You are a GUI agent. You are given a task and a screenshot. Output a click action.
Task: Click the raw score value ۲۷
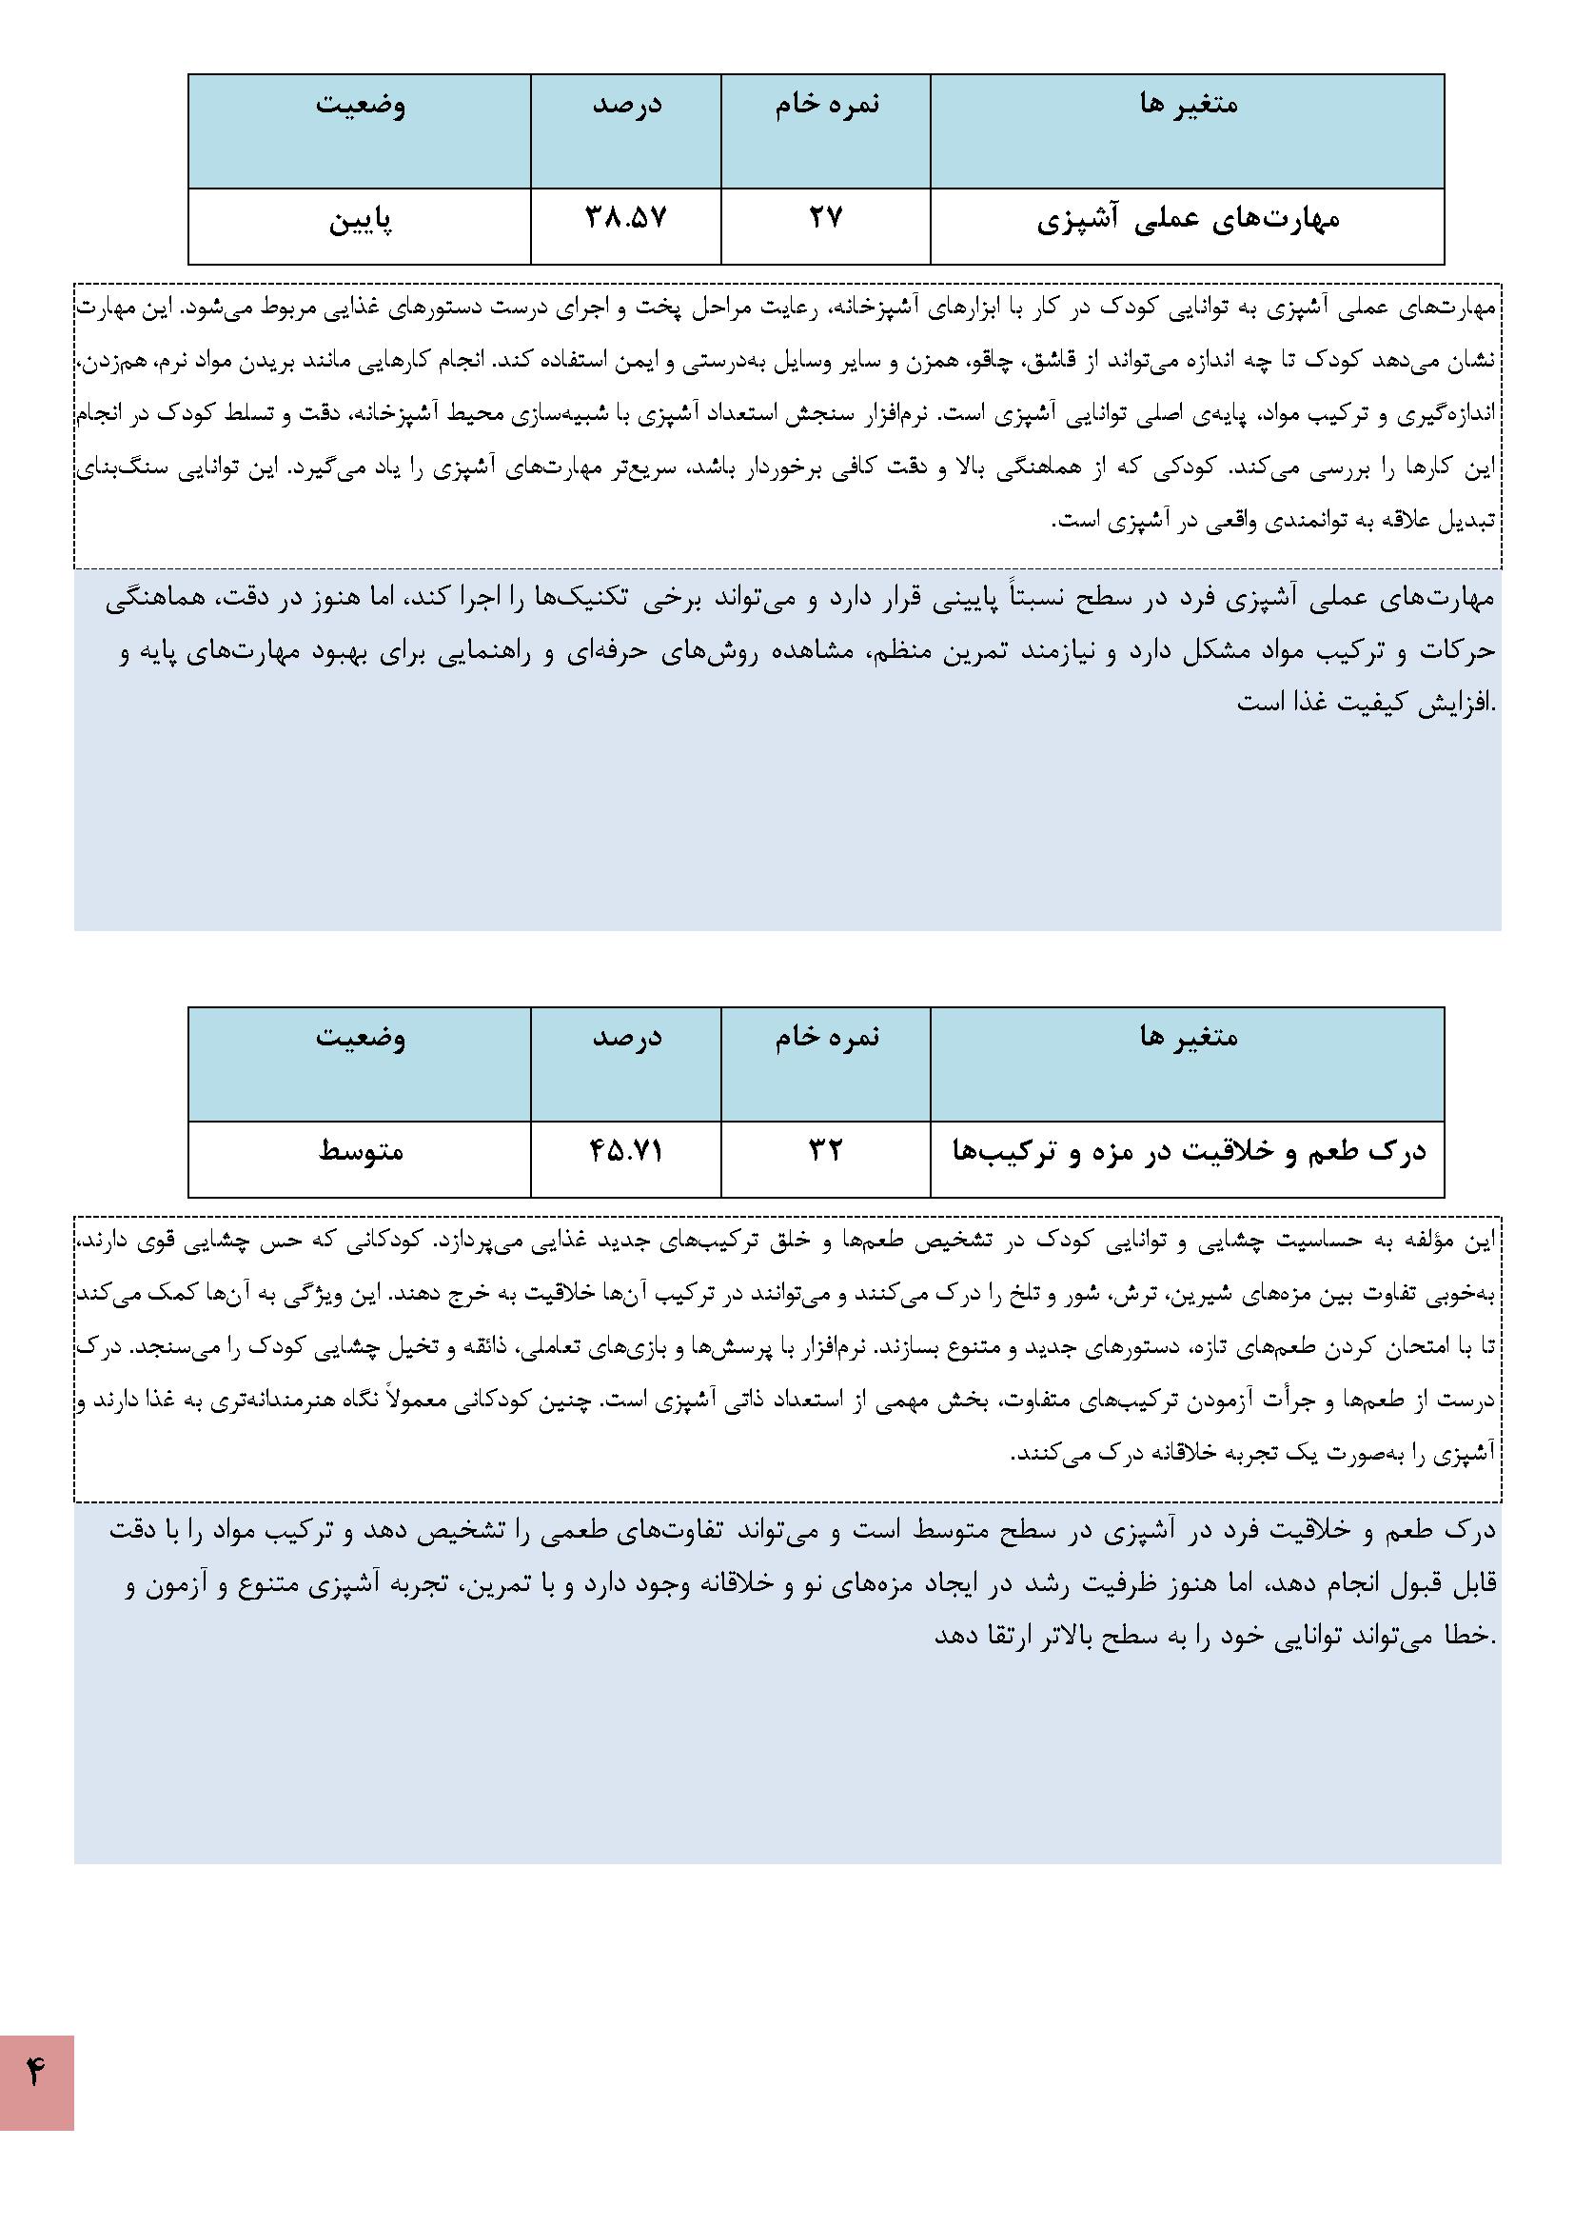[x=825, y=218]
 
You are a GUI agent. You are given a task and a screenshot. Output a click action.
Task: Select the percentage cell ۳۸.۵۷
[x=626, y=218]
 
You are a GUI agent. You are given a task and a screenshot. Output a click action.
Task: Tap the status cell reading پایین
[x=360, y=222]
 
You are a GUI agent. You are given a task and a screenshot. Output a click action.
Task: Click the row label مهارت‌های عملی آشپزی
[x=1188, y=221]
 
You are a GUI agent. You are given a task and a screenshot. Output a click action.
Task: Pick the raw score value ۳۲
[x=825, y=1151]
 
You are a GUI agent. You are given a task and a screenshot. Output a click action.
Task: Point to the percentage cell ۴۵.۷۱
[x=626, y=1151]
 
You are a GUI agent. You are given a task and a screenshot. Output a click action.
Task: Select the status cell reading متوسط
[x=360, y=1151]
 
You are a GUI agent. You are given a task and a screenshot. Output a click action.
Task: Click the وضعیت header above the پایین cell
[x=360, y=105]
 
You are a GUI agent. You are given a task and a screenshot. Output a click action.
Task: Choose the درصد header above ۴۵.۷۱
[x=626, y=1038]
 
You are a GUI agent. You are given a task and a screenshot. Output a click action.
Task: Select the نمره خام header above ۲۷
[x=826, y=105]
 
